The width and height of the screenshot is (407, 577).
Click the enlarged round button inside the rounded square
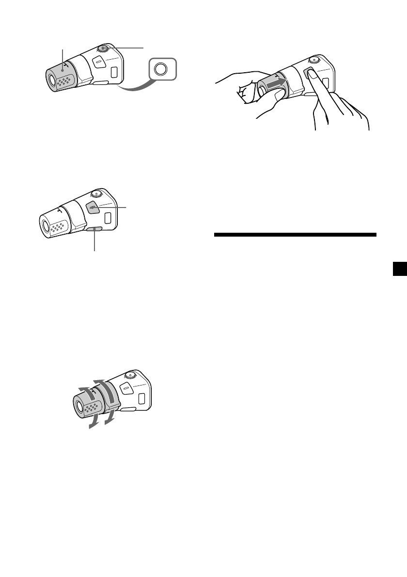pyautogui.click(x=160, y=69)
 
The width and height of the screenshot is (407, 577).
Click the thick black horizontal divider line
pyautogui.click(x=295, y=235)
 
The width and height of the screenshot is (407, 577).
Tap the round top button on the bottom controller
pyautogui.click(x=130, y=375)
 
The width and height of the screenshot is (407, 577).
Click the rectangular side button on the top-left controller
pyautogui.click(x=114, y=73)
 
